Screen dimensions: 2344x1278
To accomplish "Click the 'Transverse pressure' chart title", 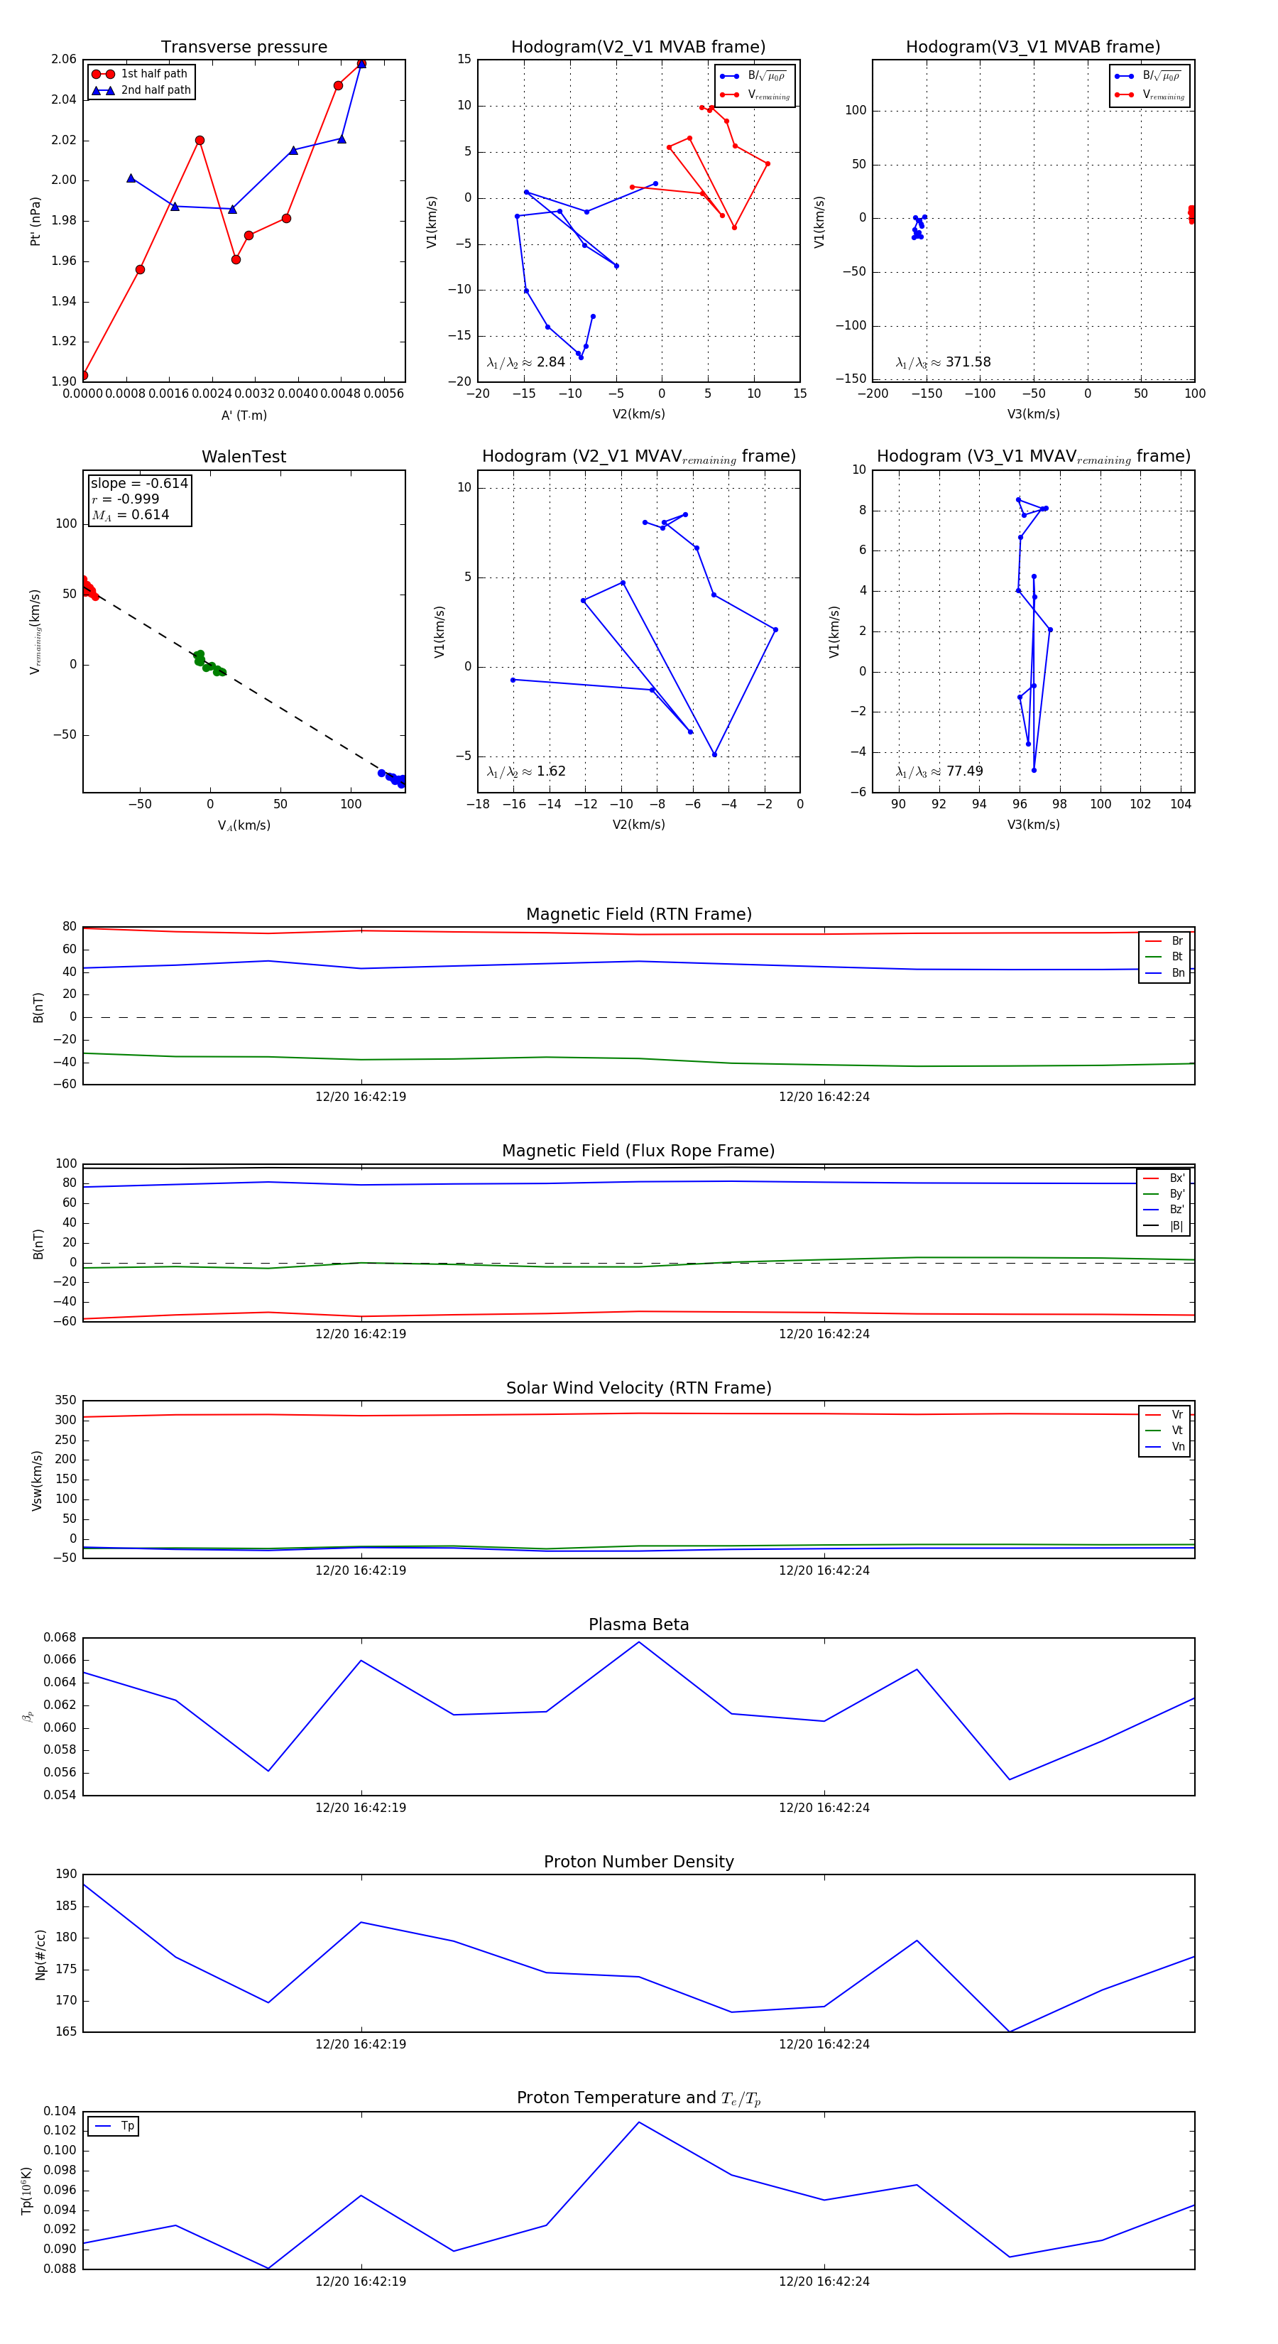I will pos(244,48).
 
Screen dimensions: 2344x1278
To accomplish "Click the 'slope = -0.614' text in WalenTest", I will pos(139,483).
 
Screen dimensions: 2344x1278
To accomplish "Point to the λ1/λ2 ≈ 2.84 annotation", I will pos(525,362).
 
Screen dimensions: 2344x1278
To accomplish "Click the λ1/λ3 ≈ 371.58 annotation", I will pos(944,362).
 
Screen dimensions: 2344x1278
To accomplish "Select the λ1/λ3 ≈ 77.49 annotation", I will pos(939,771).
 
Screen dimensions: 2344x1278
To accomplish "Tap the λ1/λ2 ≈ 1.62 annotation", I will pos(525,771).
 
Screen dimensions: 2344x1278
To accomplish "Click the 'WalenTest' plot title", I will pos(244,457).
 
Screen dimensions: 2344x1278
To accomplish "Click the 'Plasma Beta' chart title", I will pos(638,1625).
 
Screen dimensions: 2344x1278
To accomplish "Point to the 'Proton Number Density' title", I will pos(638,1862).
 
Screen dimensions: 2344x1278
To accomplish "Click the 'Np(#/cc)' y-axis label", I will pos(40,1955).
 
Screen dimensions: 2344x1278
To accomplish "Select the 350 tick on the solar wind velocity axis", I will pos(65,1401).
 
